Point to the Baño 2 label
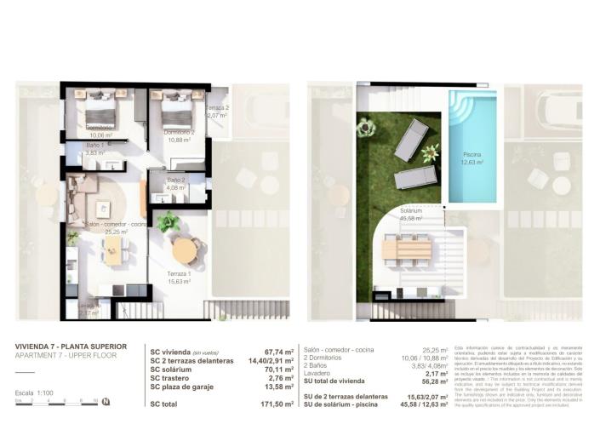(176, 180)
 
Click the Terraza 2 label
(217, 108)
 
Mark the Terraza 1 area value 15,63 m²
(178, 279)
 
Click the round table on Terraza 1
(185, 250)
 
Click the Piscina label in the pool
(472, 155)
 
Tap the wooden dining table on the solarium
(407, 249)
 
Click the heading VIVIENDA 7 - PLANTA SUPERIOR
(71, 347)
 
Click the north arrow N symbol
(104, 401)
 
